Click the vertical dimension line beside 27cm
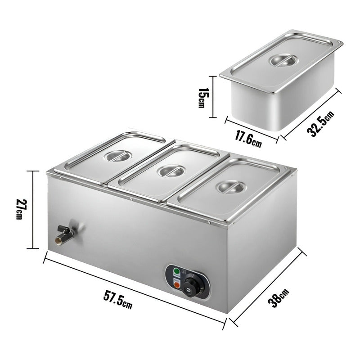point(33,210)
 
